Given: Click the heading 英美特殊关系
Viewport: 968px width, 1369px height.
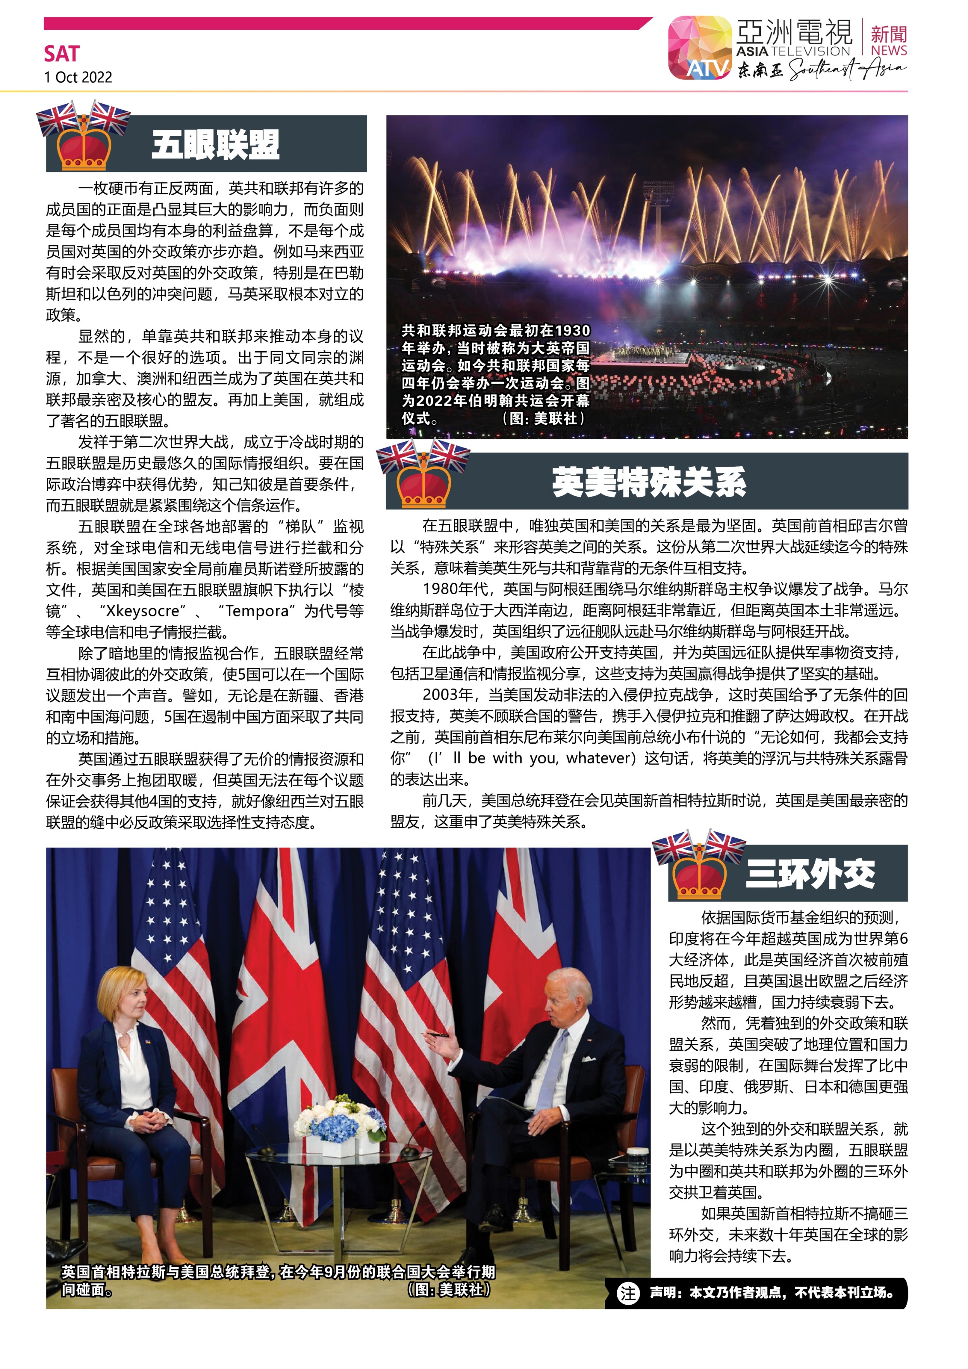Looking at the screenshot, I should coord(648,482).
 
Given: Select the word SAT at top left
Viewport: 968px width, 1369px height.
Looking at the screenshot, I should coord(62,54).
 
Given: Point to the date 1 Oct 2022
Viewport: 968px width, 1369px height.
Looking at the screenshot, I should coord(78,77).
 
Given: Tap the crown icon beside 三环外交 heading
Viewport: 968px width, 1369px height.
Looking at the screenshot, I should coord(699,877).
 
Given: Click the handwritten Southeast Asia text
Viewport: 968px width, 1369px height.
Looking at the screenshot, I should coord(847,70).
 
